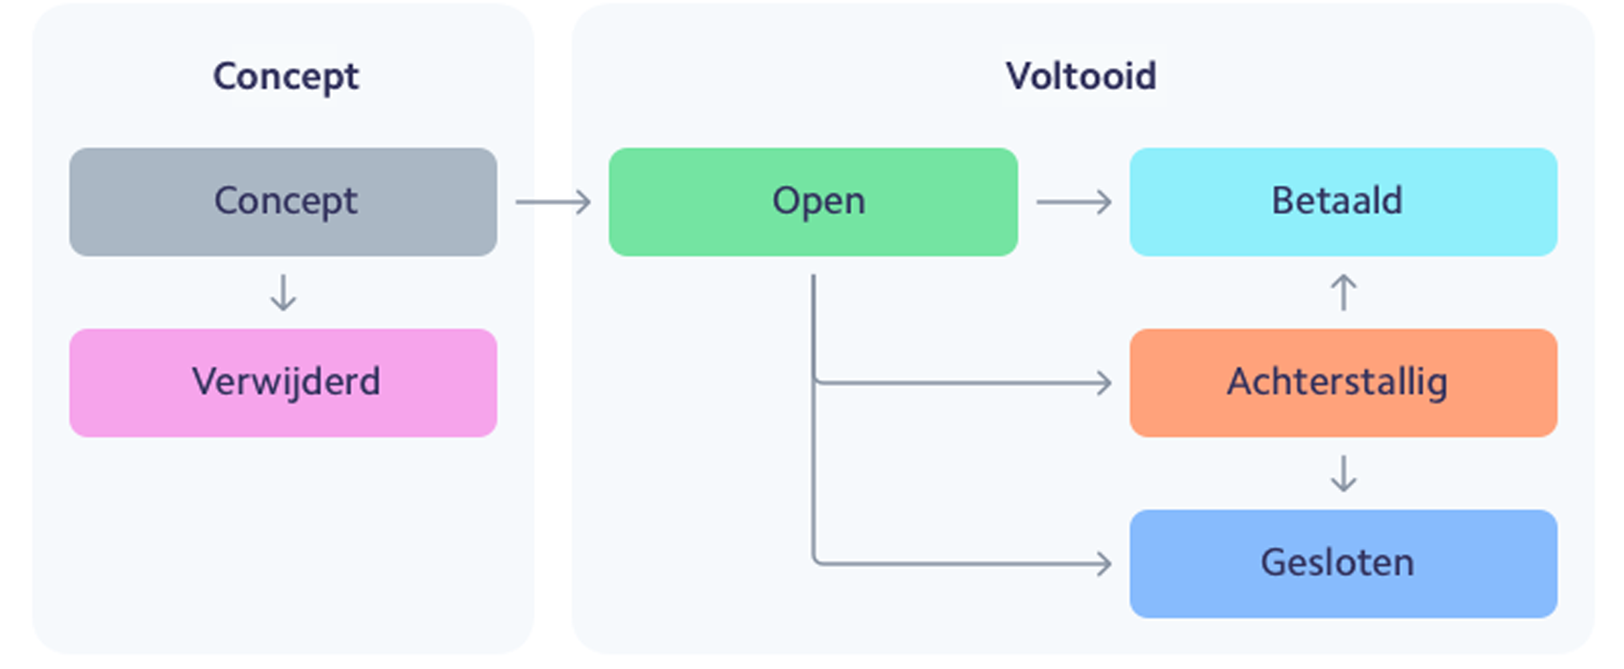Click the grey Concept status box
[283, 202]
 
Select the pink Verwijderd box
[283, 383]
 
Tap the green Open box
[813, 202]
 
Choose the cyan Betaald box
[1343, 202]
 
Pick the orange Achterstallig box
[1343, 383]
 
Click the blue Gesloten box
[1343, 564]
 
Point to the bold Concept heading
[286, 76]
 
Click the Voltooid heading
[1081, 76]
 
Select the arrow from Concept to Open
[553, 202]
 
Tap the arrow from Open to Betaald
[1073, 202]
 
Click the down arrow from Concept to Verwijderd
[283, 292]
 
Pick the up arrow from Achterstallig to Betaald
[1343, 292]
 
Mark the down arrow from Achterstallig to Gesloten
[1343, 473]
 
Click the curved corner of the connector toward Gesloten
[817, 560]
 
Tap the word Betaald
[1337, 200]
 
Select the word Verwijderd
[286, 382]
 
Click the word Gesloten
[1337, 562]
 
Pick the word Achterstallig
[1337, 382]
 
